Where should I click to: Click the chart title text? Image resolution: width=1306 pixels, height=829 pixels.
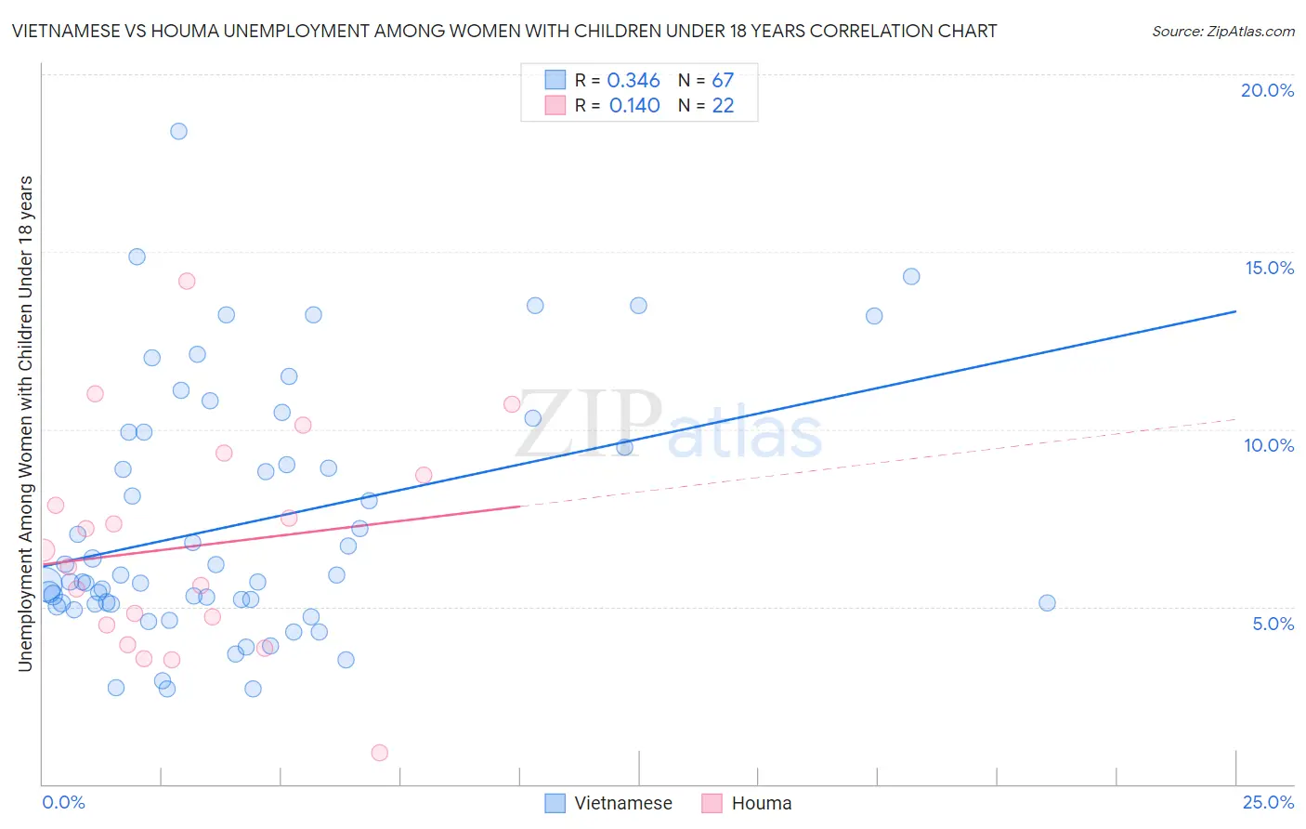504,31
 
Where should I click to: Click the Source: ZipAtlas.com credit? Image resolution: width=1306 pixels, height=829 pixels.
1222,32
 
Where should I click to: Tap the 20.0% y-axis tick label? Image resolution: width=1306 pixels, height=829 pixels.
1267,90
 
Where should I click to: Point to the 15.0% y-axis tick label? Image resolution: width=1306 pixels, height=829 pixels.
1269,268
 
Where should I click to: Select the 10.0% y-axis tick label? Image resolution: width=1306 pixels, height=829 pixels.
1269,445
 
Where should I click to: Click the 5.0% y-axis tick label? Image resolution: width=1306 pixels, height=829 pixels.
1273,624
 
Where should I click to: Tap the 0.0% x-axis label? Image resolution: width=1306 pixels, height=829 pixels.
63,802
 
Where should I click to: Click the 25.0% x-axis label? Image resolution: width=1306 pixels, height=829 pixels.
1268,802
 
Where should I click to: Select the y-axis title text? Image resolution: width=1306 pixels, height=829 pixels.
25,423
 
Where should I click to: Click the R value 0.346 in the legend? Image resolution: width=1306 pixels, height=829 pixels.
633,81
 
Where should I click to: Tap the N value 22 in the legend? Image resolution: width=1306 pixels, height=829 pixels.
723,106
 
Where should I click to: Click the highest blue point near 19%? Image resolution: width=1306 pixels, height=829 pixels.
178,131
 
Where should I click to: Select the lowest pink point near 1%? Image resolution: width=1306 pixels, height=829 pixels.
379,753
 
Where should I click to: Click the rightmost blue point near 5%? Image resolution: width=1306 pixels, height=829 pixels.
1047,603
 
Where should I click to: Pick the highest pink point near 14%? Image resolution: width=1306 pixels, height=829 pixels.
187,281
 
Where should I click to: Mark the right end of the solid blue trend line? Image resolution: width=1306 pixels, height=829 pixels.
1235,311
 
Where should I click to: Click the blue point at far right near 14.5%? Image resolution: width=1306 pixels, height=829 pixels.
911,276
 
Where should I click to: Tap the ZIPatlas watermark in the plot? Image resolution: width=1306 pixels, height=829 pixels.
669,426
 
